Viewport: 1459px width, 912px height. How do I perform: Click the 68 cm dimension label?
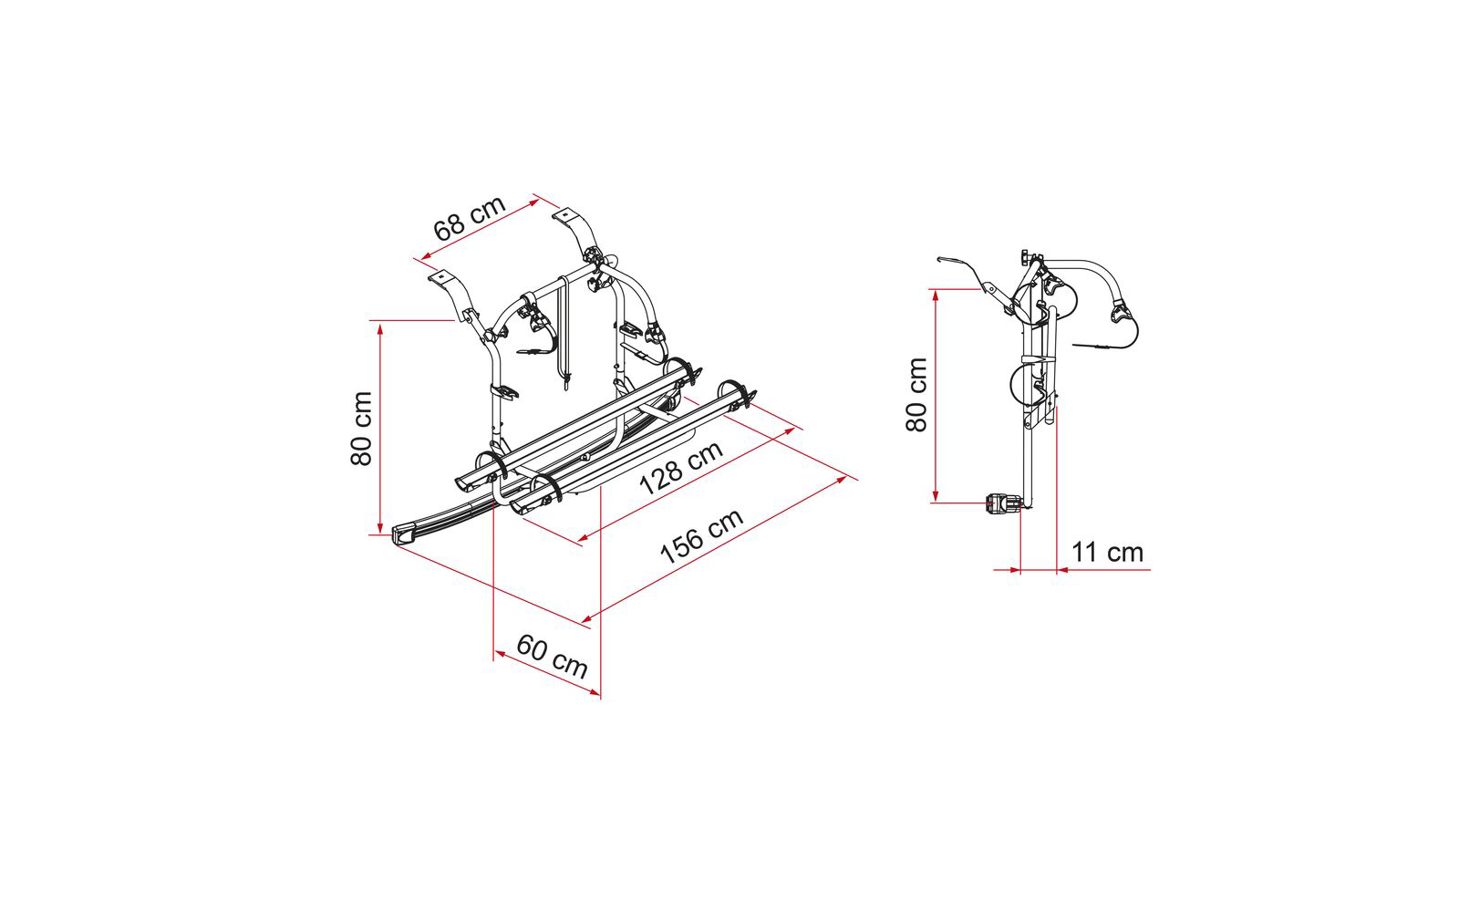[x=470, y=217]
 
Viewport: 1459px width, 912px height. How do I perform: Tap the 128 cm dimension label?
[x=680, y=468]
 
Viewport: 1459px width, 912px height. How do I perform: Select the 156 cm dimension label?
[x=701, y=535]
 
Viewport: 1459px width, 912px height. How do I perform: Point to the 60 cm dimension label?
[x=553, y=656]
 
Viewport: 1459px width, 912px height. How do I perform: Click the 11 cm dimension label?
[x=1107, y=553]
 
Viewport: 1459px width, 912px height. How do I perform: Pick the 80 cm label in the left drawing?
[x=361, y=429]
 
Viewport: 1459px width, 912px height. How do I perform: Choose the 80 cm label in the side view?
[x=916, y=394]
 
